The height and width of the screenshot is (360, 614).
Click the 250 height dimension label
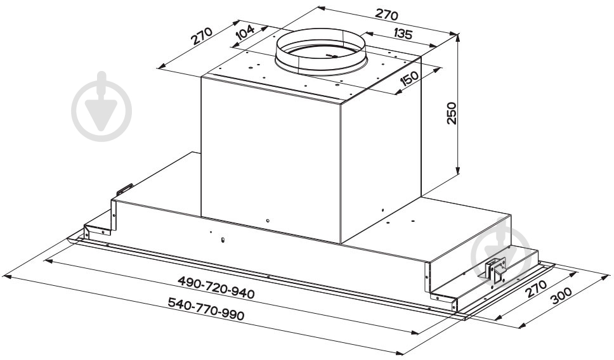point(452,113)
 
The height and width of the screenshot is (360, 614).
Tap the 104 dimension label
point(245,32)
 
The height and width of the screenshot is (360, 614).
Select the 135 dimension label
point(402,34)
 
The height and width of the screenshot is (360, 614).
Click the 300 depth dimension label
point(561,295)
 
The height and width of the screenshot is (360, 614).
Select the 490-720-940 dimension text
point(216,288)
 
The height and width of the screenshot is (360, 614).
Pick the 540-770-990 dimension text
point(206,309)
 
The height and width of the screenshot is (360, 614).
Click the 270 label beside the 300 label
point(536,288)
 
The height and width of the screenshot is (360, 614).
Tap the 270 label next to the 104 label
point(202,36)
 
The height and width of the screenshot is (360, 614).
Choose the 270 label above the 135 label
point(386,14)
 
